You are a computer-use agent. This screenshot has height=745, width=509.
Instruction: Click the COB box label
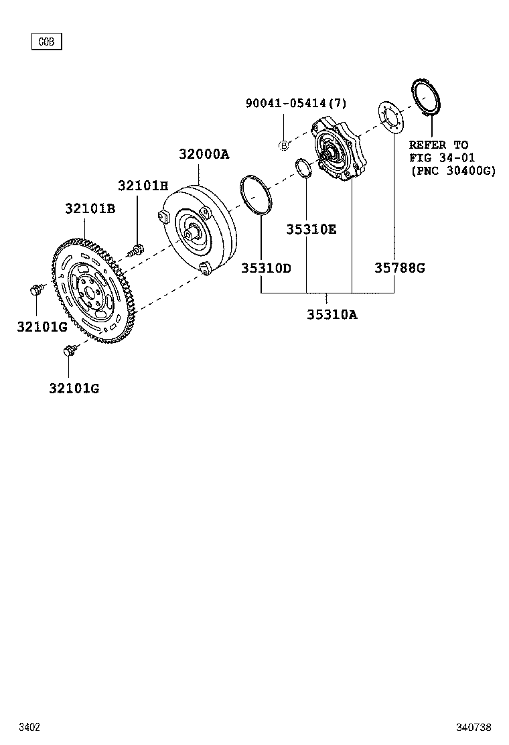(x=46, y=42)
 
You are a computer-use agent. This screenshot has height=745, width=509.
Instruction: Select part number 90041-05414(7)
(x=295, y=103)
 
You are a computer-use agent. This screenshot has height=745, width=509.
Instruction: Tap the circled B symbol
(x=283, y=145)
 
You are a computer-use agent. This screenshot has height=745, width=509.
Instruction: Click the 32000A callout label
(x=204, y=154)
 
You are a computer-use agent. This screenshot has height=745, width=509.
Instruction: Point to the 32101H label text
(x=143, y=186)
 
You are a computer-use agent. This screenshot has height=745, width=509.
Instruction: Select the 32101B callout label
(x=90, y=209)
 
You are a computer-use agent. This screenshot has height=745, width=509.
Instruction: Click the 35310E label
(x=311, y=229)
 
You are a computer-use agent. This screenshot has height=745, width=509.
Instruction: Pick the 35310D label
(x=266, y=268)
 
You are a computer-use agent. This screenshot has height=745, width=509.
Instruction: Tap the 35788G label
(x=399, y=268)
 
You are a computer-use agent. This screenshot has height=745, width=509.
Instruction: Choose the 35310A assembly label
(x=332, y=314)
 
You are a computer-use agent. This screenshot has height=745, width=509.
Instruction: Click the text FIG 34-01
(x=442, y=158)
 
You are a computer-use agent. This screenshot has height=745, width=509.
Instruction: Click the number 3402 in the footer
(x=29, y=727)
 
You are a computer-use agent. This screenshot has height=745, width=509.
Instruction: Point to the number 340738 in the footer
(x=474, y=727)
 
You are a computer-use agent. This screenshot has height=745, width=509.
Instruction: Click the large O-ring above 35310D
(x=257, y=196)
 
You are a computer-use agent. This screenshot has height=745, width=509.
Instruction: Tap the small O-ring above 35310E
(x=303, y=167)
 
